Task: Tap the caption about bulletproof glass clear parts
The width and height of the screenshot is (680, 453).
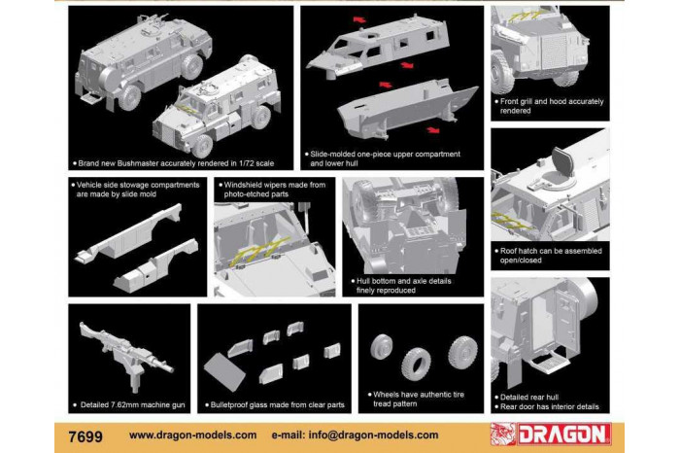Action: click(x=270, y=402)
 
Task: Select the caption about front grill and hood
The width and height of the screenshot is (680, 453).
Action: click(x=549, y=106)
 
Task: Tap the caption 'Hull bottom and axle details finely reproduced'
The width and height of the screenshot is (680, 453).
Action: click(x=389, y=284)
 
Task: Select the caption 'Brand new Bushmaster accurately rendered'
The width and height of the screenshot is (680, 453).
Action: click(x=161, y=162)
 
